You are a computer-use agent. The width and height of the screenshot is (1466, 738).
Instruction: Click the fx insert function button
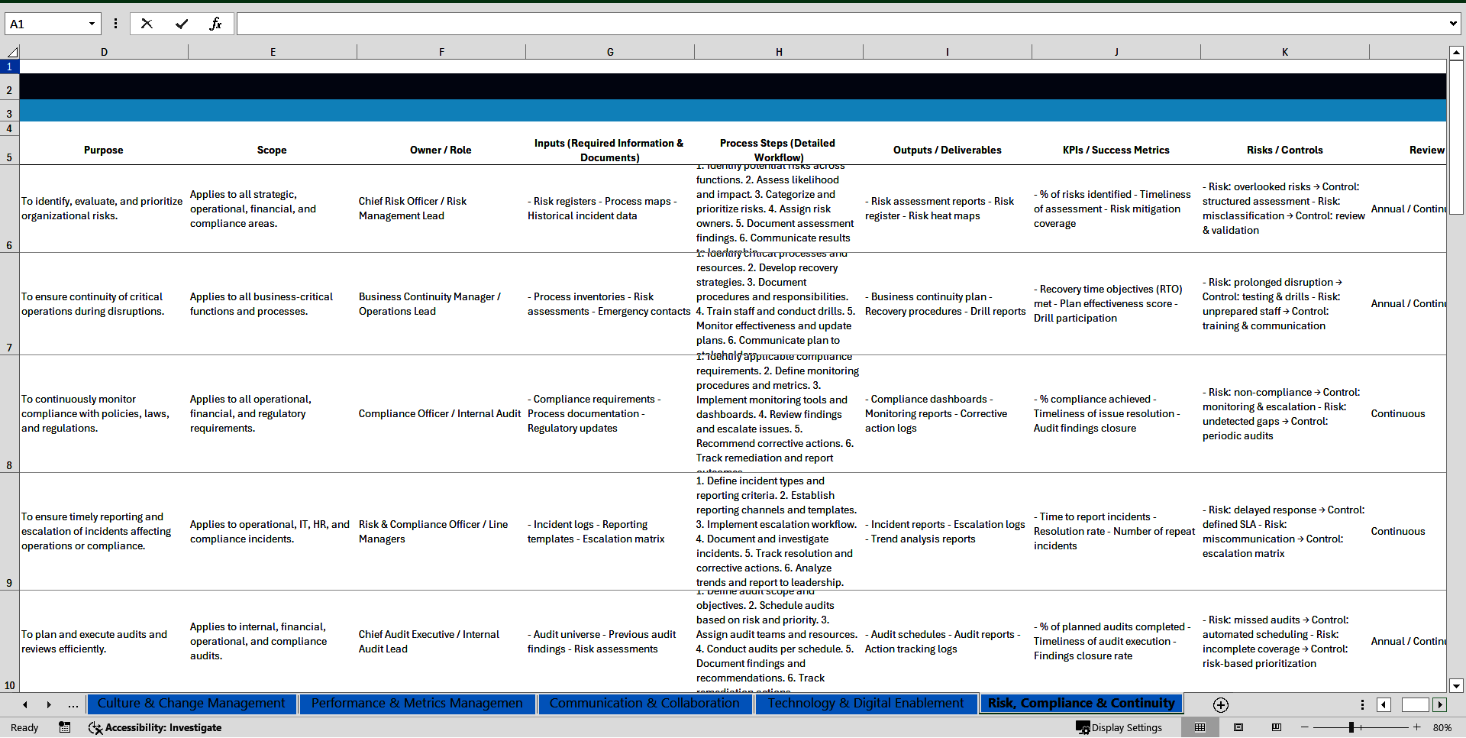pos(215,24)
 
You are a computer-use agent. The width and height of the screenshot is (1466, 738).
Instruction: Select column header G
pos(610,52)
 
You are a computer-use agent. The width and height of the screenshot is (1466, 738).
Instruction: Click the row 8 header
pos(9,464)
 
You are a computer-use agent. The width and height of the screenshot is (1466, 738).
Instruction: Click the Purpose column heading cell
pos(104,150)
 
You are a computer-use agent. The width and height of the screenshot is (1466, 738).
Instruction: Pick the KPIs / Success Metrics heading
pos(1116,150)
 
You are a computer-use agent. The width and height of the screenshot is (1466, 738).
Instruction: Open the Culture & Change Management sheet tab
pos(191,704)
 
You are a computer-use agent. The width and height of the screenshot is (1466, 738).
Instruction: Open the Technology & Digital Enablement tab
pos(866,704)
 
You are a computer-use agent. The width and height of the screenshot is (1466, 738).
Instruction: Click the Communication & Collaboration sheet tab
pos(644,704)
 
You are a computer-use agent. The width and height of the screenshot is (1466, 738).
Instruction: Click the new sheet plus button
pos(1220,705)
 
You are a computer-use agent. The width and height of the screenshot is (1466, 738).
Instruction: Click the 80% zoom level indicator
pos(1442,728)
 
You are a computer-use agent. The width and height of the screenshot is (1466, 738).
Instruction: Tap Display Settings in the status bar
pos(1119,728)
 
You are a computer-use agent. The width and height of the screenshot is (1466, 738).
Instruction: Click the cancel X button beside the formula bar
pos(147,24)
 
